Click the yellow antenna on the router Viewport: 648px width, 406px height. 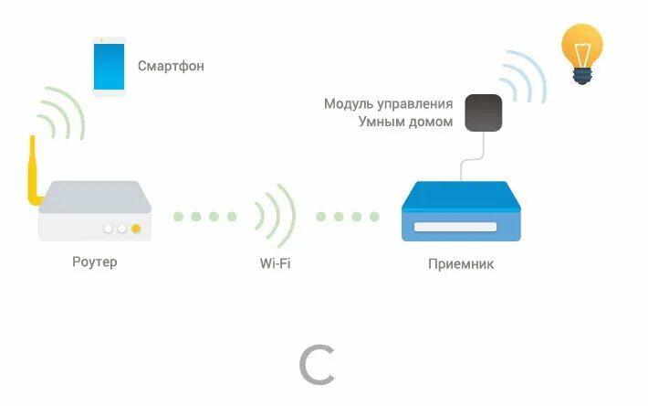33,175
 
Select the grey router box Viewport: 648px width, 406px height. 94,210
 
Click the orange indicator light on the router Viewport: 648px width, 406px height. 136,229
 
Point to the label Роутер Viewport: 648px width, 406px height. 95,262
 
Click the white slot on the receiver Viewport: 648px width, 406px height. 455,226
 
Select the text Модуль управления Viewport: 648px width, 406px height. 388,103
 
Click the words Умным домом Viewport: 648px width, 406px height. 405,122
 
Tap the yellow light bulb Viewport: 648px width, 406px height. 581,48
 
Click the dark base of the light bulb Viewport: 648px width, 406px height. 582,76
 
